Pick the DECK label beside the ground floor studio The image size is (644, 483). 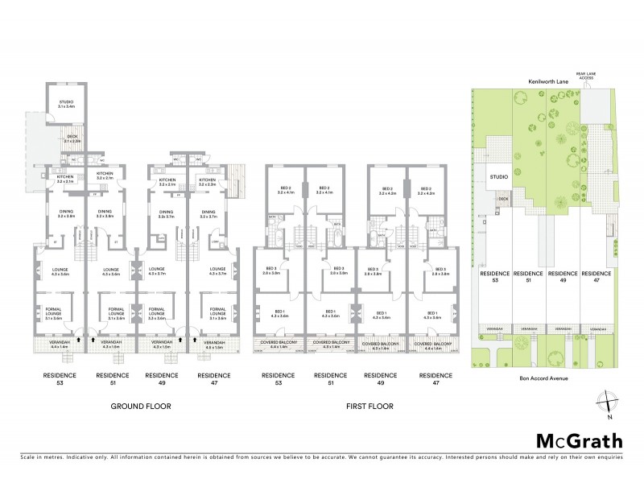[x=71, y=138]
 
